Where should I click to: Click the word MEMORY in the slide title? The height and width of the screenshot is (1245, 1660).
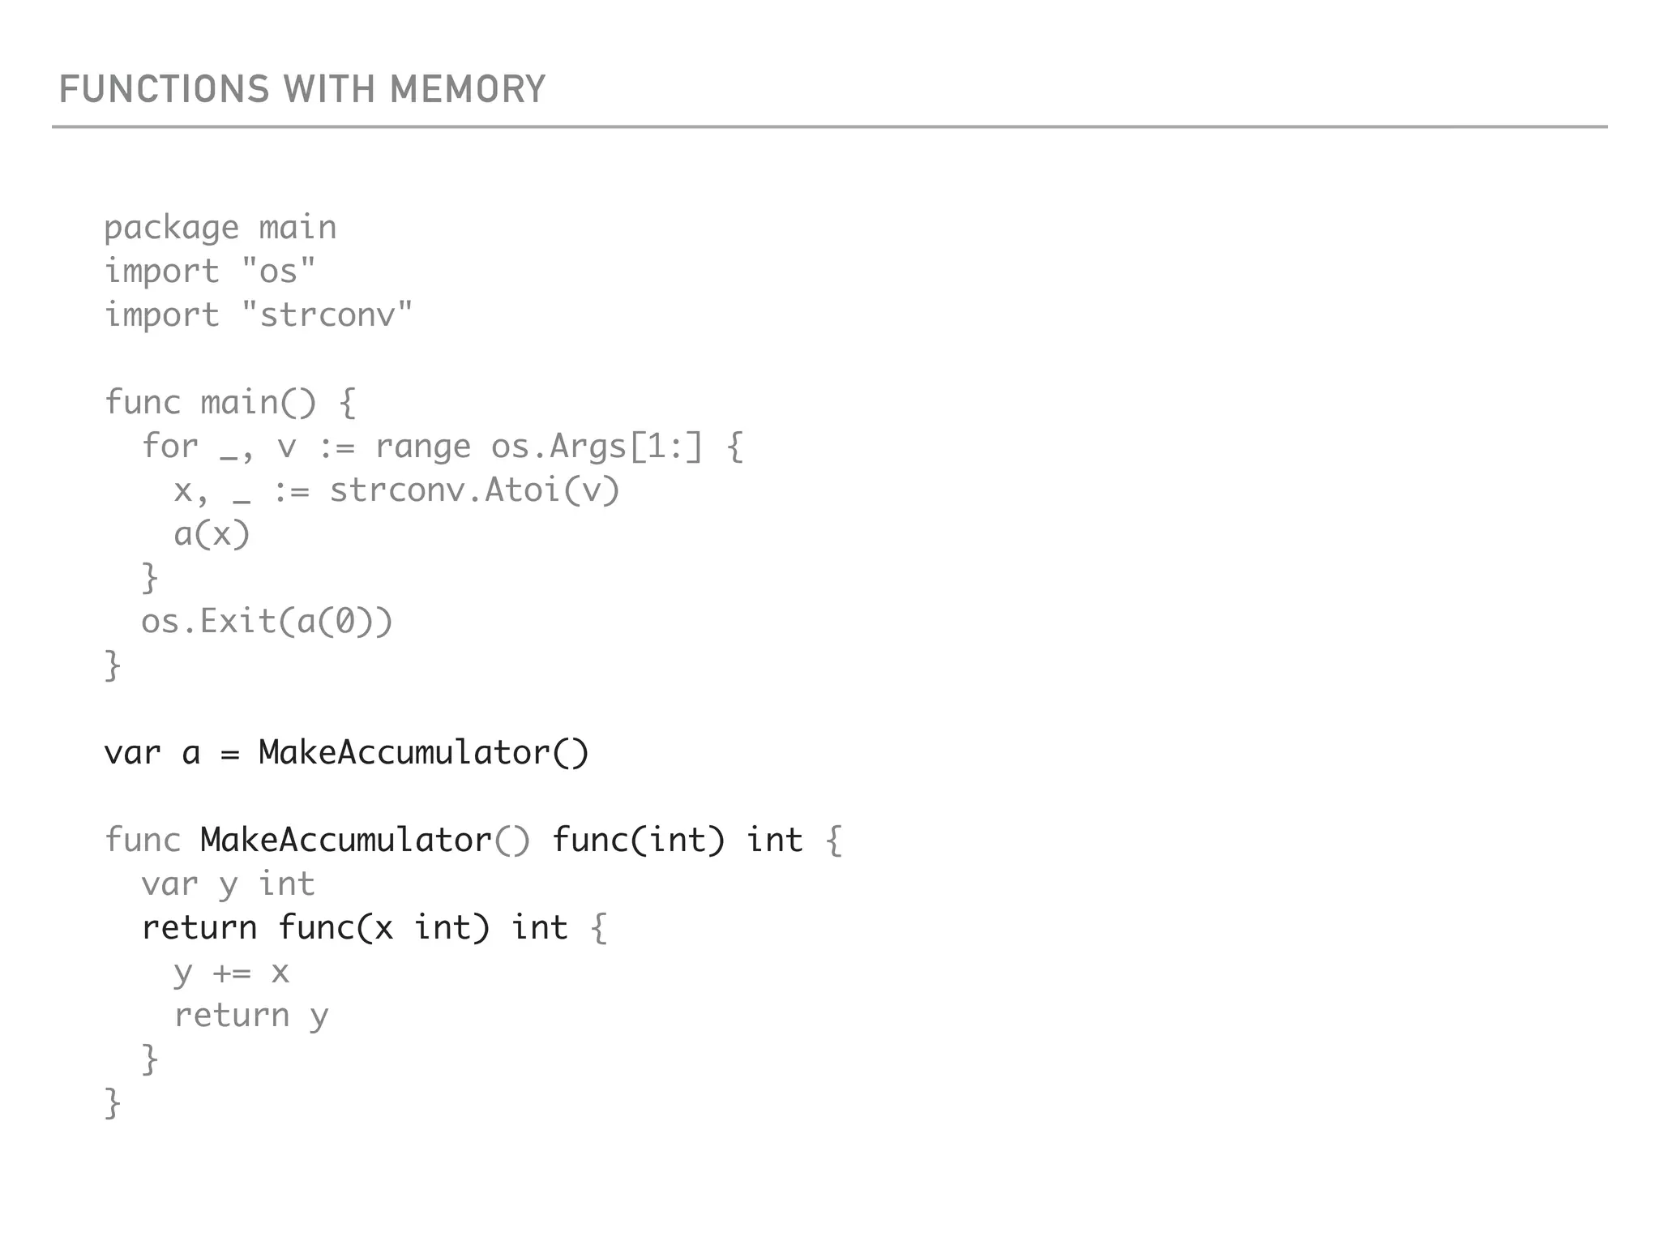pyautogui.click(x=468, y=89)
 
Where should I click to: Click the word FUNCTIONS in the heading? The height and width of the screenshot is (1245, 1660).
pyautogui.click(x=164, y=89)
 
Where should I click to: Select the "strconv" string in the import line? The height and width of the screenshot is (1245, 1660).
pyautogui.click(x=327, y=314)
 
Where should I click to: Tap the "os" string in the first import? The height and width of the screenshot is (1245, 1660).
pyautogui.click(x=279, y=271)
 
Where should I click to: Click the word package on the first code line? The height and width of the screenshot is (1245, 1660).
pyautogui.click(x=171, y=229)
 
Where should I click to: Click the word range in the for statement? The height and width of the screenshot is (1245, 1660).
pyautogui.click(x=422, y=447)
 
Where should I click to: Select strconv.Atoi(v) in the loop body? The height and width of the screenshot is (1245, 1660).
pyautogui.click(x=474, y=490)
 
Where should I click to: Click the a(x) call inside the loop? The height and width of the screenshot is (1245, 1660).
pyautogui.click(x=212, y=534)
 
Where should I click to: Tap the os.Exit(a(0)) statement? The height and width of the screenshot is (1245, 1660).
pyautogui.click(x=267, y=622)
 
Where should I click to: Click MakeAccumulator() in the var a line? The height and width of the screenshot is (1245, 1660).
pyautogui.click(x=423, y=753)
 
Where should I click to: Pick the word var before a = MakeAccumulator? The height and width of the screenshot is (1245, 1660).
pyautogui.click(x=132, y=753)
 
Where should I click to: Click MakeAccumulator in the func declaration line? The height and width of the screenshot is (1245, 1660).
pyautogui.click(x=346, y=841)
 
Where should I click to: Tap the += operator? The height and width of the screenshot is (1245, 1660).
pyautogui.click(x=232, y=972)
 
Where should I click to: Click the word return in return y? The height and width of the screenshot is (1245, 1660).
pyautogui.click(x=232, y=1016)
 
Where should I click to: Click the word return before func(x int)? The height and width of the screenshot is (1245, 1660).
pyautogui.click(x=199, y=928)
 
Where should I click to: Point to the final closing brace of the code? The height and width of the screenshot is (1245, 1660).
pyautogui.click(x=113, y=1103)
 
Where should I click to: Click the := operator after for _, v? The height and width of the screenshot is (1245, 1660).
pyautogui.click(x=336, y=447)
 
